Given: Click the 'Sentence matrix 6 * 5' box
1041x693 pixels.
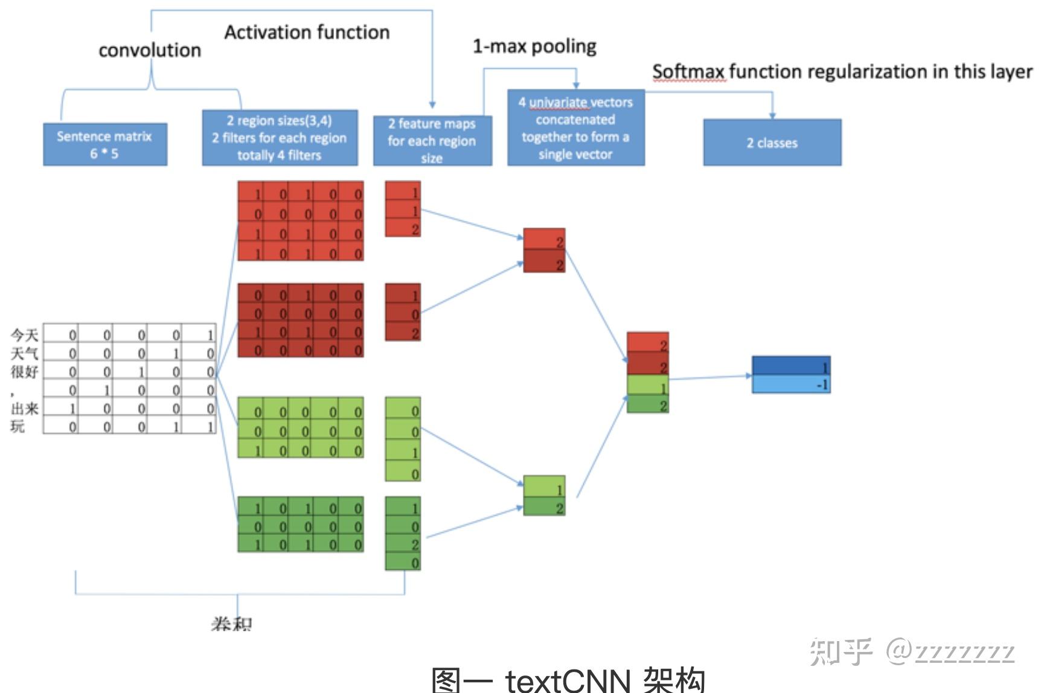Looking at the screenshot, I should click(104, 144).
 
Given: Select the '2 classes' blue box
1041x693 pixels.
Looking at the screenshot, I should click(772, 142).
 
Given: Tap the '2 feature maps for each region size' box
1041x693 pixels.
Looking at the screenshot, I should click(432, 140).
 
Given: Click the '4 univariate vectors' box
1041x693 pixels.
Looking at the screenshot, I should click(575, 127).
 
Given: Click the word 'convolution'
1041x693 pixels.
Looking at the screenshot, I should click(150, 50).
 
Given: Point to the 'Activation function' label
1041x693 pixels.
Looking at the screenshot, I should click(307, 32).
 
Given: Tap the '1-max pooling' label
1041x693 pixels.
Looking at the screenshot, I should click(534, 46).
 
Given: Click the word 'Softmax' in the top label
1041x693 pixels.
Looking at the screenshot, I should click(688, 72).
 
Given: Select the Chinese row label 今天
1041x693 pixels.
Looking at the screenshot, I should click(24, 334).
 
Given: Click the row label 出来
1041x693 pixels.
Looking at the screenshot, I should click(24, 409).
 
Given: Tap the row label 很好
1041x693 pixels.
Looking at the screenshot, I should click(24, 371).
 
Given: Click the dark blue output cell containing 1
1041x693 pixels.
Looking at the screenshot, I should click(790, 366).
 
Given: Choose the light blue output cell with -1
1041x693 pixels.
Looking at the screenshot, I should click(790, 384).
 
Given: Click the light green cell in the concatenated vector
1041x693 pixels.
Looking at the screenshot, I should click(647, 385).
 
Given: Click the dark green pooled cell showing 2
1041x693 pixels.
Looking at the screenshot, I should click(543, 506).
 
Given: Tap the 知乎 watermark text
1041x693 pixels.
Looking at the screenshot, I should click(841, 652).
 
